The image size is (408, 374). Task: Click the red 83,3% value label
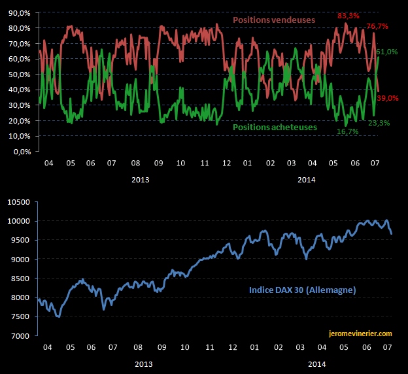[347, 15]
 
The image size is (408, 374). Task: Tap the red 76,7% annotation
[377, 26]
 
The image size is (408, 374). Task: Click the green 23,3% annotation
[377, 123]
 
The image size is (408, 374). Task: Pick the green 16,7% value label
[347, 131]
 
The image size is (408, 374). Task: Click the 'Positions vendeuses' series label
[274, 20]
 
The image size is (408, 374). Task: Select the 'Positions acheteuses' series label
[275, 127]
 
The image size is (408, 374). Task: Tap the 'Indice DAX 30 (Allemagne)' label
[302, 290]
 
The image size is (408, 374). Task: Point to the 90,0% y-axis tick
[19, 12]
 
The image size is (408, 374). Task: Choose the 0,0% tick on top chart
[21, 152]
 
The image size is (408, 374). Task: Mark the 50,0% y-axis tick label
[19, 75]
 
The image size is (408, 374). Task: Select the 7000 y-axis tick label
[25, 336]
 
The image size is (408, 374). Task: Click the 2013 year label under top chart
[140, 178]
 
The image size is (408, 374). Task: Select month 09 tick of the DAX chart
[160, 348]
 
